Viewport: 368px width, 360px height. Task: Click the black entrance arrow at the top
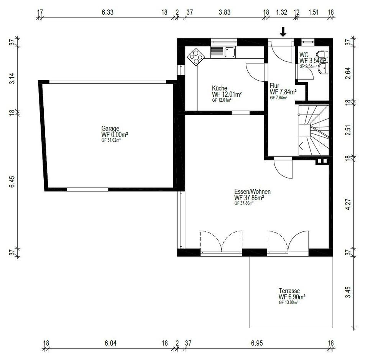(x=283, y=32)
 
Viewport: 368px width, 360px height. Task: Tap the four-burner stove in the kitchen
(x=196, y=57)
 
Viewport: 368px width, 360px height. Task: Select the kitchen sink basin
(x=230, y=52)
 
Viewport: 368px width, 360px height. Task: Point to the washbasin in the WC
(x=323, y=68)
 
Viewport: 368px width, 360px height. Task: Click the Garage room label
(x=110, y=129)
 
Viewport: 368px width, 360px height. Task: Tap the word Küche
(x=219, y=88)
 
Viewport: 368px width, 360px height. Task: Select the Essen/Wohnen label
(x=252, y=192)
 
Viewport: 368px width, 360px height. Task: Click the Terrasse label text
(x=289, y=291)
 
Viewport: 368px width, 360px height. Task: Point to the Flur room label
(x=274, y=86)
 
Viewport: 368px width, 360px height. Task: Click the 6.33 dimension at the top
(x=107, y=12)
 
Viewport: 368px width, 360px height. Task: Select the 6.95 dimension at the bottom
(x=257, y=343)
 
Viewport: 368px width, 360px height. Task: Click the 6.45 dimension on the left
(x=12, y=182)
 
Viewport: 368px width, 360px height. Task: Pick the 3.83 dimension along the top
(x=225, y=12)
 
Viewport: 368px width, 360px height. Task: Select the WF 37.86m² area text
(x=249, y=198)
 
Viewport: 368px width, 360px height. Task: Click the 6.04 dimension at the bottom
(x=110, y=343)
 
